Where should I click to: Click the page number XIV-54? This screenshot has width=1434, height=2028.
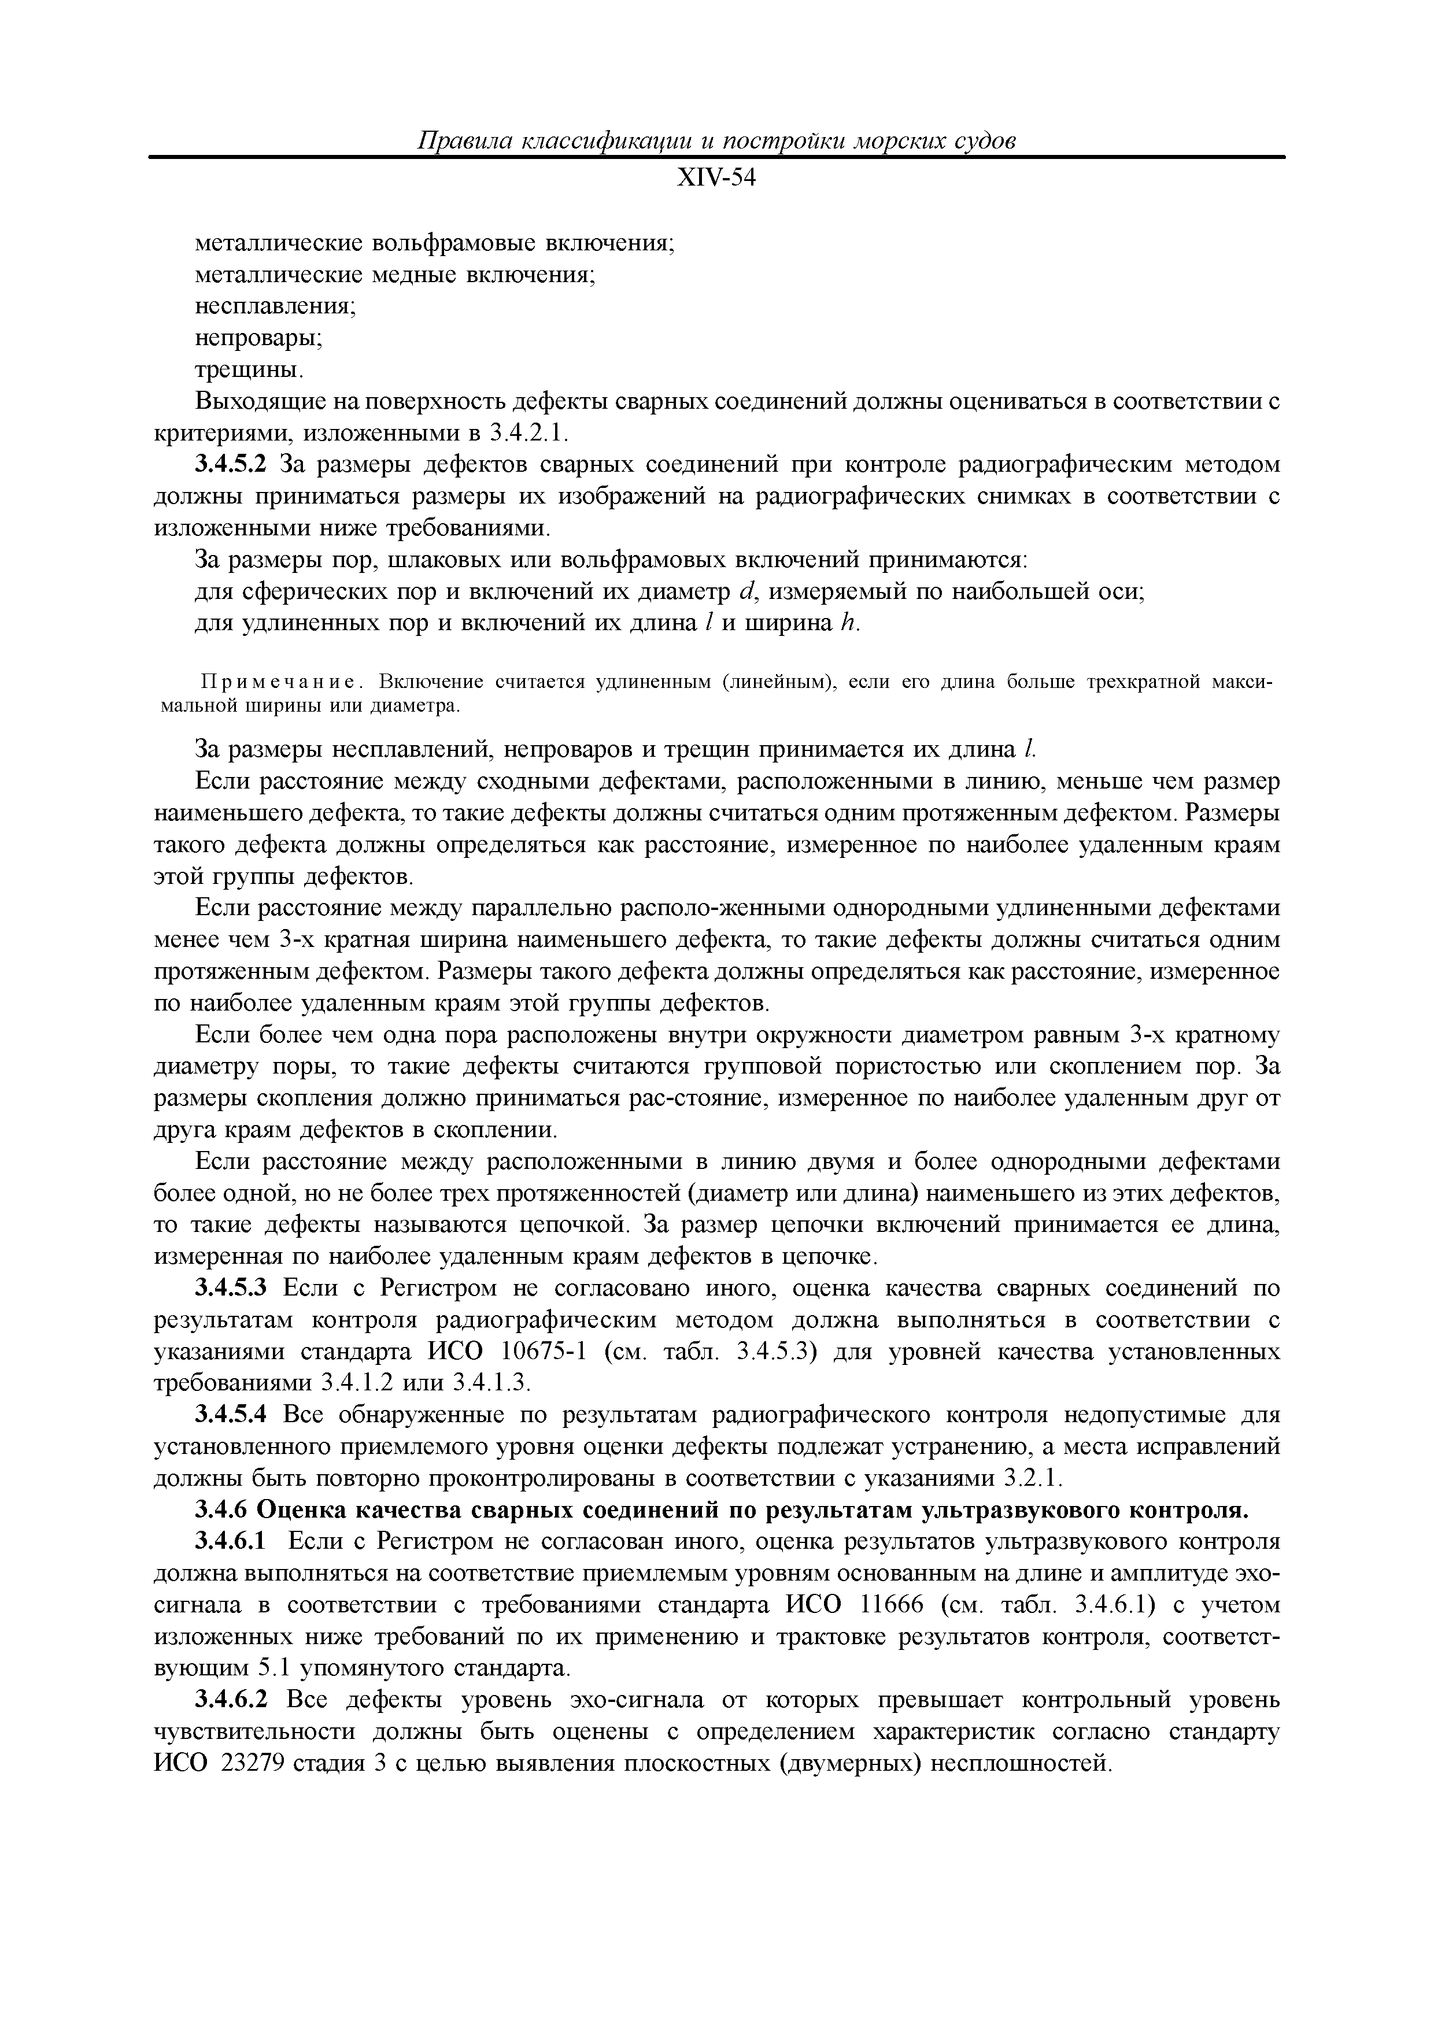[x=716, y=179]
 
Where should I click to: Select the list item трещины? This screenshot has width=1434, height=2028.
[x=249, y=369]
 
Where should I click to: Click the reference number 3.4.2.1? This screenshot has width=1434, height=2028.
[x=530, y=434]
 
